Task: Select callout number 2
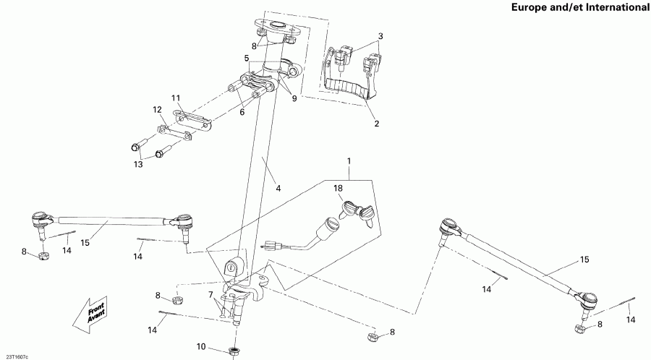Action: (375, 124)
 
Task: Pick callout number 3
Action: (380, 36)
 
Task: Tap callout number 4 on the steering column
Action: (278, 188)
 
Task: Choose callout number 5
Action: (247, 58)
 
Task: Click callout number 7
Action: (210, 296)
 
